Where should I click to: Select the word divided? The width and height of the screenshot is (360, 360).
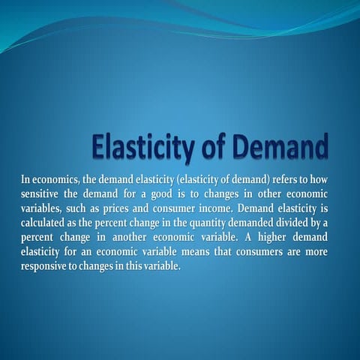click(x=289, y=222)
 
